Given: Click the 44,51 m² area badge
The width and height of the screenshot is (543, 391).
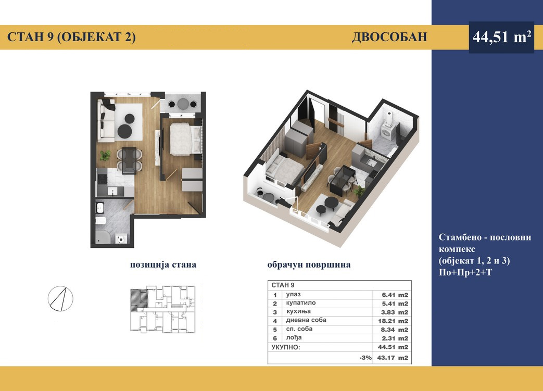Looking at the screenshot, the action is [501, 37].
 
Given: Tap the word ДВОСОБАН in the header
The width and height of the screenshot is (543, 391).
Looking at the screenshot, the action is [389, 37].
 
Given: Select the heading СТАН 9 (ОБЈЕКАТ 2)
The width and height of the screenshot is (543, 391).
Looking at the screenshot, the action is [71, 37].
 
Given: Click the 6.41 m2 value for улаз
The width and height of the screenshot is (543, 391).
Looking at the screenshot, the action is [395, 295].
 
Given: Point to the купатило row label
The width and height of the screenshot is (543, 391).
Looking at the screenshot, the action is [301, 303].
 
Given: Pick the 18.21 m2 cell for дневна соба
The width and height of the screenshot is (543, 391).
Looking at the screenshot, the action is [393, 321].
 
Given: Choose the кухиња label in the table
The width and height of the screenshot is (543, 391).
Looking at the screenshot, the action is [298, 312].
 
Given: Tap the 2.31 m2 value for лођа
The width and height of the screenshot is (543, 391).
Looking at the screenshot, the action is [395, 338].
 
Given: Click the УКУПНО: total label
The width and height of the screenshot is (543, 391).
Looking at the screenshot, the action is [286, 347].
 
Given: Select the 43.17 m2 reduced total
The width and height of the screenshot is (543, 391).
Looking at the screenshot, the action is [393, 358].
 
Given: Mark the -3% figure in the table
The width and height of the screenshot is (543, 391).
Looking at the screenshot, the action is [365, 358].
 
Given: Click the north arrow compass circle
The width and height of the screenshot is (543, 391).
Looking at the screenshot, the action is [60, 298].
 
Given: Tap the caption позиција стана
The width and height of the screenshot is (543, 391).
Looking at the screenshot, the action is [163, 264].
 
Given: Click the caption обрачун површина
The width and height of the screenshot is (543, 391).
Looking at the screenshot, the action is [309, 264].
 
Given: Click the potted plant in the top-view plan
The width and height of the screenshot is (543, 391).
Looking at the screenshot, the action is [105, 156].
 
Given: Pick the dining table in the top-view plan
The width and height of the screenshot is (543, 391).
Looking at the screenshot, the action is [129, 160].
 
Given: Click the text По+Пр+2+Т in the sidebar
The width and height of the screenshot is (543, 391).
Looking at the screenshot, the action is [465, 273].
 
